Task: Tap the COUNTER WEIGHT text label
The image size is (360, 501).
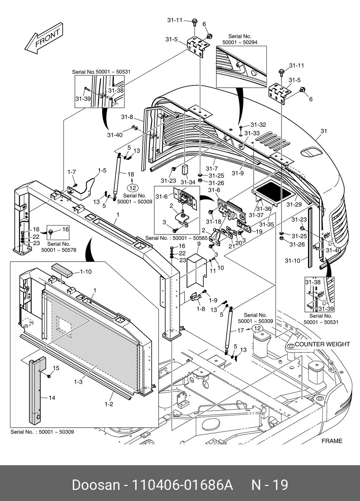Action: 322,344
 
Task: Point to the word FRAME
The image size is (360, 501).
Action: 332,441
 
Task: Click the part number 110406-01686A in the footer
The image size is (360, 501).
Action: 182,485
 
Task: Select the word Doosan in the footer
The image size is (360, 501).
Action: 96,485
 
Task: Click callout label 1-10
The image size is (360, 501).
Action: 85,272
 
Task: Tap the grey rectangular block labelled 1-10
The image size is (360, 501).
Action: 62,269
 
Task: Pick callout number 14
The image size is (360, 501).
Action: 52,398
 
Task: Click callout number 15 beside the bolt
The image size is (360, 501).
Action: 56,368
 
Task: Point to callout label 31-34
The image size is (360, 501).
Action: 188,182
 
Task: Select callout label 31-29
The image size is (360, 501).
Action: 294,205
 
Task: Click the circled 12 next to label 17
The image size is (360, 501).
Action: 257,328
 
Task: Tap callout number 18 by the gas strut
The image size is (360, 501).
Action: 131,174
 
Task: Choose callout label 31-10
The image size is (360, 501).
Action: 292,261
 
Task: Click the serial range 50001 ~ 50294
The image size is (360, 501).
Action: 240,42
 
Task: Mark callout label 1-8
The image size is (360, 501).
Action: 201,308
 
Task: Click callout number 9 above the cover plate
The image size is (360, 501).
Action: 198,244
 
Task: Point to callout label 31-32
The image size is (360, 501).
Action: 258,125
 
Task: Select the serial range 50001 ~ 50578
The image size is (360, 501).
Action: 59,250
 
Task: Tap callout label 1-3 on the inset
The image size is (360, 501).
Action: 78,382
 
